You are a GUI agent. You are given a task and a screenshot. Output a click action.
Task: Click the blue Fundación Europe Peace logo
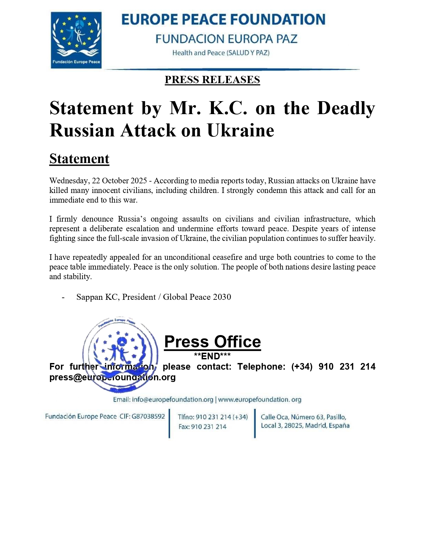coord(76,40)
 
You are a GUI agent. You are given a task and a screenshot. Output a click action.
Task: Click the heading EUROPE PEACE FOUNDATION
coord(223,20)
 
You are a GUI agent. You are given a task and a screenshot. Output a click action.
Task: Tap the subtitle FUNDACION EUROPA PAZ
coord(226,39)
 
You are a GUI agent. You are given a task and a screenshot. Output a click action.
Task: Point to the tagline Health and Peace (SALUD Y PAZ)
coord(221,53)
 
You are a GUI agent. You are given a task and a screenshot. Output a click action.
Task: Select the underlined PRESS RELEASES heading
coord(212,80)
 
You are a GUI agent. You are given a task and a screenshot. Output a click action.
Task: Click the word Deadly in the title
coord(346,108)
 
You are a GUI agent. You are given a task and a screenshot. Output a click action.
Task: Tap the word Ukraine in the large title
coord(240,130)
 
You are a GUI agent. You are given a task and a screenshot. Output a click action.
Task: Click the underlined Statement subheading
coord(79,159)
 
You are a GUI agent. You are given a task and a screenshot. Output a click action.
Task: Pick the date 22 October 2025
coord(119,181)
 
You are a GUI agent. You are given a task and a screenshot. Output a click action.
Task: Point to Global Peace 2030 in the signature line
coord(197,297)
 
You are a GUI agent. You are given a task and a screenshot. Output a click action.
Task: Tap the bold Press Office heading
coord(212,342)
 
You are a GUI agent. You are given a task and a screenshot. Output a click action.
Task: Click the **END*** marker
coord(212,356)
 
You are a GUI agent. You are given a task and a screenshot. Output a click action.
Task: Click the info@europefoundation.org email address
coord(172,400)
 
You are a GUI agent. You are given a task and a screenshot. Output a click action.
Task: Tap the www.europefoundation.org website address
coord(260,400)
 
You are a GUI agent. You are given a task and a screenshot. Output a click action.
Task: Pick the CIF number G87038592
coord(148,417)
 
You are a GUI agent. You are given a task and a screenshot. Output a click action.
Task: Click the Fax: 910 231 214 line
coord(202,427)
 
